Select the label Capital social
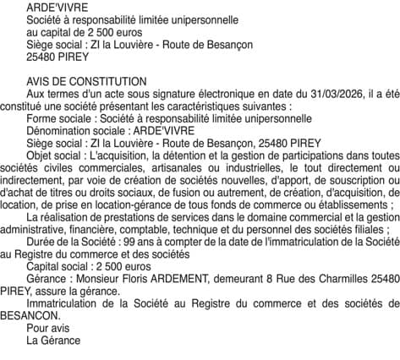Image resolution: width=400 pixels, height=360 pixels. coord(58,266)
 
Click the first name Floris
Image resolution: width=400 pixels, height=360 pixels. coord(140,279)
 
